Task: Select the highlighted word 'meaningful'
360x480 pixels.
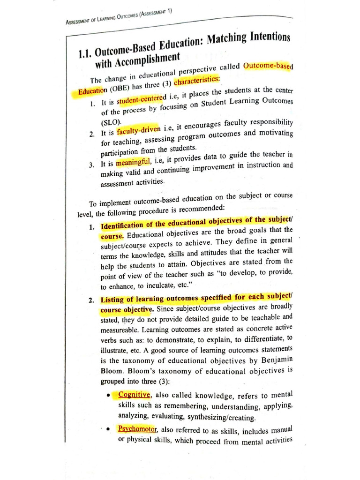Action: coord(133,162)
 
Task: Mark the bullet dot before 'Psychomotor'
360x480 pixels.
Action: coord(109,429)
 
